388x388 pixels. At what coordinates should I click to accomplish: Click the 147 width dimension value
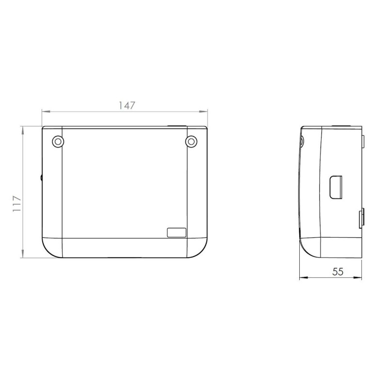click(x=127, y=105)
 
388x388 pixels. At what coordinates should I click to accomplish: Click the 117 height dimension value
click(x=17, y=203)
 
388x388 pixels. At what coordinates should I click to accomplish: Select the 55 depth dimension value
click(x=338, y=272)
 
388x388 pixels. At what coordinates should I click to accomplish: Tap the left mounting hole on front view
click(x=58, y=142)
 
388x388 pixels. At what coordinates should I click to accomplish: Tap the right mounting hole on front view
click(x=191, y=142)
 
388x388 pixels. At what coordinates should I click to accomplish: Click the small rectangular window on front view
click(x=177, y=233)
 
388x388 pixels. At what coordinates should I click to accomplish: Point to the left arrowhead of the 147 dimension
click(x=46, y=112)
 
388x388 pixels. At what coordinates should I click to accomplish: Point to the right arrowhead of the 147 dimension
click(x=203, y=112)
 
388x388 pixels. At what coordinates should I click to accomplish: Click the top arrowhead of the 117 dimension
click(x=22, y=130)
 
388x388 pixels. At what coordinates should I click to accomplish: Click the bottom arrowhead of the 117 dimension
click(x=22, y=254)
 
